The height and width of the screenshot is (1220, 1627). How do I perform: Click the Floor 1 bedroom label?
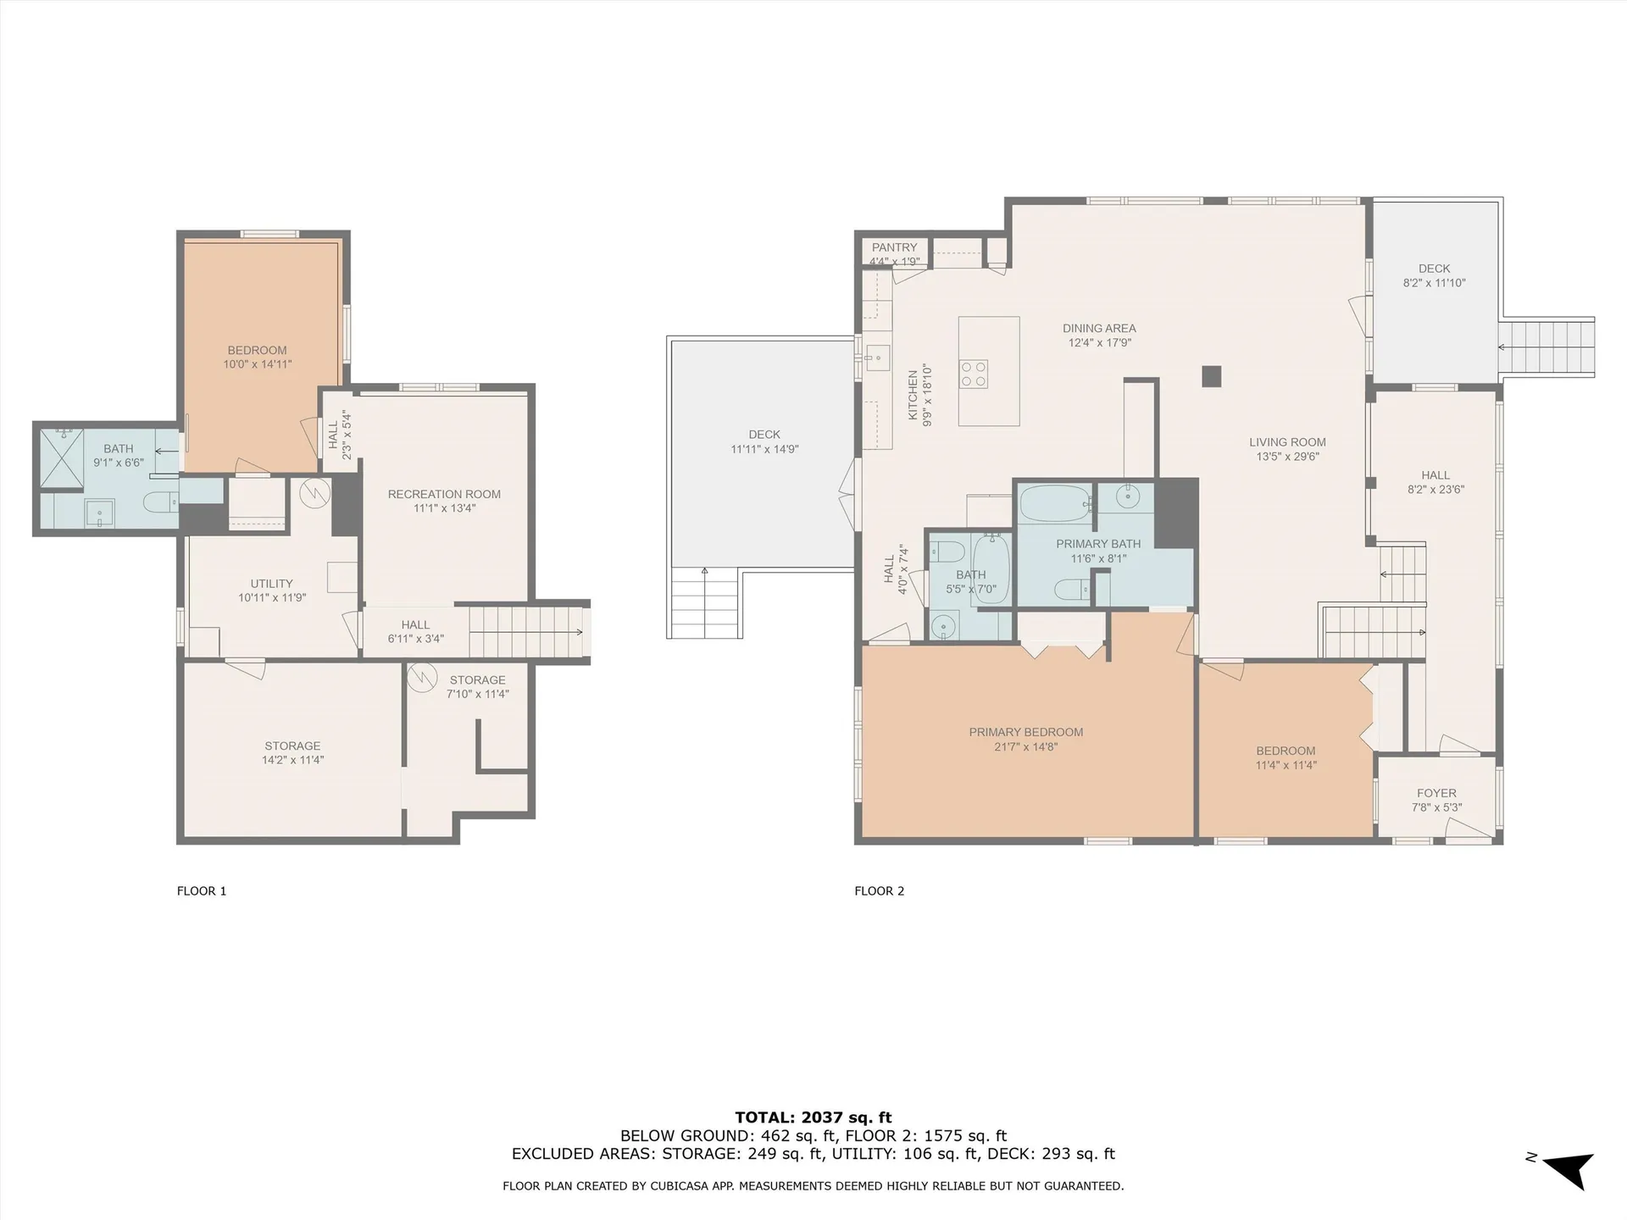pyautogui.click(x=257, y=350)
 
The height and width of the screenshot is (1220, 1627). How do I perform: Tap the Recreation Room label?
pyautogui.click(x=444, y=494)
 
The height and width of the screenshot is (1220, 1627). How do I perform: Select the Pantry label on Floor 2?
pyautogui.click(x=894, y=247)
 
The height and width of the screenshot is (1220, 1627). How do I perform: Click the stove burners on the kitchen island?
pyautogui.click(x=973, y=374)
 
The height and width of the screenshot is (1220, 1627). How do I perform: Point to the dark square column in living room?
pyautogui.click(x=1212, y=376)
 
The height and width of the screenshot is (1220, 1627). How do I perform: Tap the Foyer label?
pyautogui.click(x=1436, y=793)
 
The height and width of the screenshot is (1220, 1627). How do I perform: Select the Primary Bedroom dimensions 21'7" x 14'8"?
pyautogui.click(x=1026, y=746)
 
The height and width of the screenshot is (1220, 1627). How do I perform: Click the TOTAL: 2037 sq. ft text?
pyautogui.click(x=813, y=1117)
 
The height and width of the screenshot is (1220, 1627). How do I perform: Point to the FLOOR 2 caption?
pyautogui.click(x=879, y=890)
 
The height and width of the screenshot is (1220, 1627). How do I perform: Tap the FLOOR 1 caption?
pyautogui.click(x=201, y=890)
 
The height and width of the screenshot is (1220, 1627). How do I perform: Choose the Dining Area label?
pyautogui.click(x=1099, y=328)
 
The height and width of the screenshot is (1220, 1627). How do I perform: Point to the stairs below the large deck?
pyautogui.click(x=704, y=604)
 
